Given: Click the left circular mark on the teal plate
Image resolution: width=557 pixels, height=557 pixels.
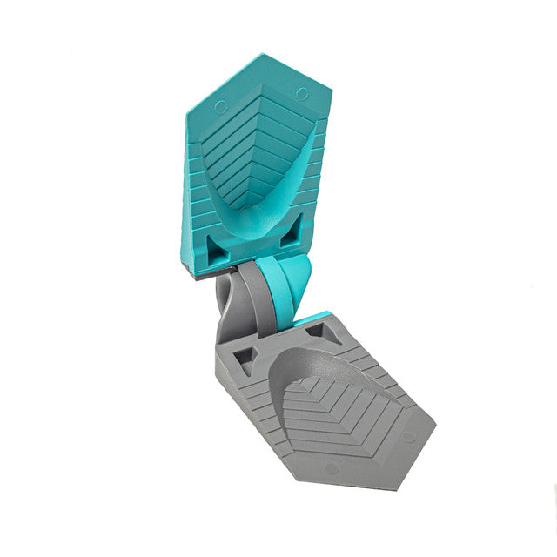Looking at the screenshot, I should [x=221, y=107].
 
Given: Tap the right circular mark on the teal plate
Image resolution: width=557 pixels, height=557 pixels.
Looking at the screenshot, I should [x=301, y=92].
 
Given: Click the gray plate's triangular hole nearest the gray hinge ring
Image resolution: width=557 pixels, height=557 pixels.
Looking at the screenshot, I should [x=246, y=358].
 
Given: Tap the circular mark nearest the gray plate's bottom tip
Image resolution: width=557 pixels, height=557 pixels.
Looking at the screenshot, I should [x=330, y=468].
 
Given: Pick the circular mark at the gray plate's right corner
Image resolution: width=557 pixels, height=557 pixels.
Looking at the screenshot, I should [x=407, y=436].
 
